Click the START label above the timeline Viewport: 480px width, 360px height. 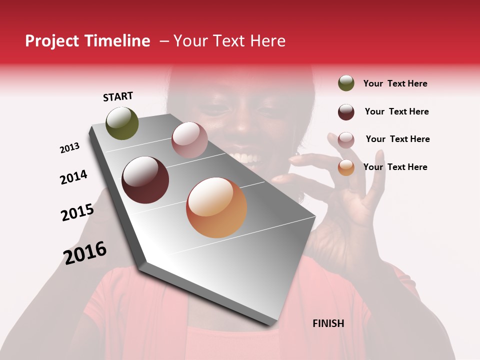click(118, 96)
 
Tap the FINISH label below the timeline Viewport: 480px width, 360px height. click(328, 323)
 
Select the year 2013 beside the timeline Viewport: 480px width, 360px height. click(69, 148)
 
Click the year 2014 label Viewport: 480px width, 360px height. click(73, 177)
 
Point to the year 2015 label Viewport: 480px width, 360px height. click(77, 212)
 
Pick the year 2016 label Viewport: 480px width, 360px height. click(85, 252)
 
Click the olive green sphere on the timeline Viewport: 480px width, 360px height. click(122, 123)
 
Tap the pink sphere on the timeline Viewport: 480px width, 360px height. click(189, 139)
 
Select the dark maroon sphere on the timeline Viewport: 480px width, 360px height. click(145, 180)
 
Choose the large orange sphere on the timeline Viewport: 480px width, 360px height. click(216, 207)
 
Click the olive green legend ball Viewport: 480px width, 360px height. click(346, 83)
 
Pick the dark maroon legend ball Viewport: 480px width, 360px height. click(346, 112)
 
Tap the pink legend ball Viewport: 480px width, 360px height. click(346, 140)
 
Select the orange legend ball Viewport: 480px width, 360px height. click(346, 167)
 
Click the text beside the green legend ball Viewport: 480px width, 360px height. click(395, 83)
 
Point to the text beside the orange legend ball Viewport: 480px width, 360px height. click(395, 167)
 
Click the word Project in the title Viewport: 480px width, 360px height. click(51, 41)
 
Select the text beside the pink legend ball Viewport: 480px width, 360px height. click(397, 139)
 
